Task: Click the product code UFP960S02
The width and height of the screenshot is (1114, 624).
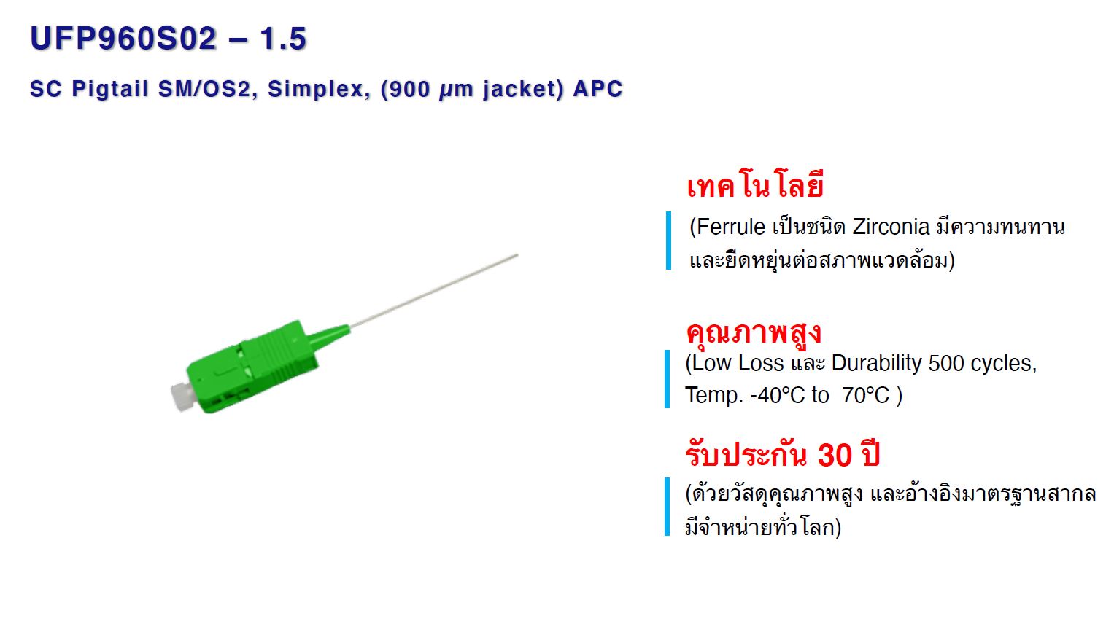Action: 123,38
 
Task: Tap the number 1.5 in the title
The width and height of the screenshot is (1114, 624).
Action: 283,38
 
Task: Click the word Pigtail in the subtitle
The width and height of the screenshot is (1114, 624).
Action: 110,90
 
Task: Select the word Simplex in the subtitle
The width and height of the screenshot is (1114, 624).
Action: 316,90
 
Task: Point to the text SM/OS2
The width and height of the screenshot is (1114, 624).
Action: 204,89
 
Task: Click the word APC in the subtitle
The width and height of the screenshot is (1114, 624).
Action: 597,89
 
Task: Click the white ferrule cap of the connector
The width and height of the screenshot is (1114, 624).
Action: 182,396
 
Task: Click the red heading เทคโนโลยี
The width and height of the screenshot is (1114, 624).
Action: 755,185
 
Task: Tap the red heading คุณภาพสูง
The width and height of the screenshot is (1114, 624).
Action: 754,332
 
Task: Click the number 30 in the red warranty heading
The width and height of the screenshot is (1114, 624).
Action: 835,454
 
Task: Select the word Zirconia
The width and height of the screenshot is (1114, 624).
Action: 891,227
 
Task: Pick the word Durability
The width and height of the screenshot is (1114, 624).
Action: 876,364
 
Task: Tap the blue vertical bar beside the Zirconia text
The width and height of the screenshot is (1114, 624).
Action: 668,241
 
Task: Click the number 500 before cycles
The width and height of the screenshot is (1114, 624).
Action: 946,364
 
